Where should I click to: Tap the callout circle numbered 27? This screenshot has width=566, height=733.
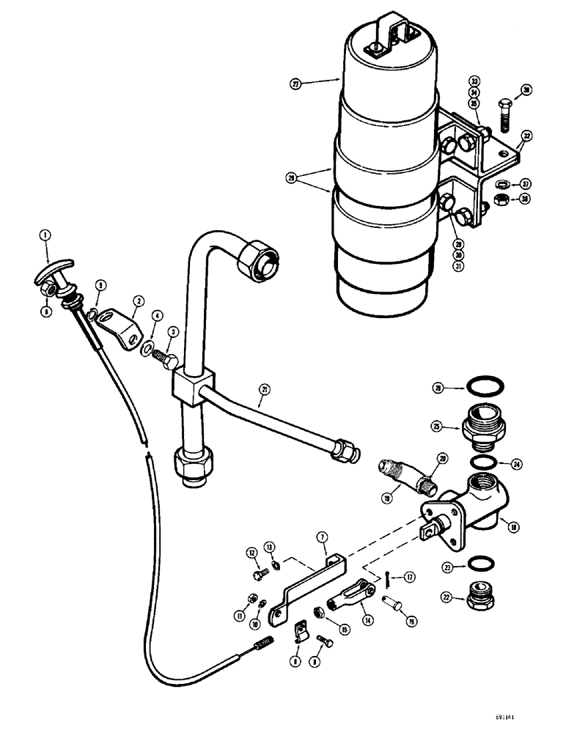pyautogui.click(x=296, y=84)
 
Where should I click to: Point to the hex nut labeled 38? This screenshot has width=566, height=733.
pyautogui.click(x=499, y=198)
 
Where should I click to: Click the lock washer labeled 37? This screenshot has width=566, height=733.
pyautogui.click(x=500, y=183)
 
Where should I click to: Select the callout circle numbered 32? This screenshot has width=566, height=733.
pyautogui.click(x=526, y=136)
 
